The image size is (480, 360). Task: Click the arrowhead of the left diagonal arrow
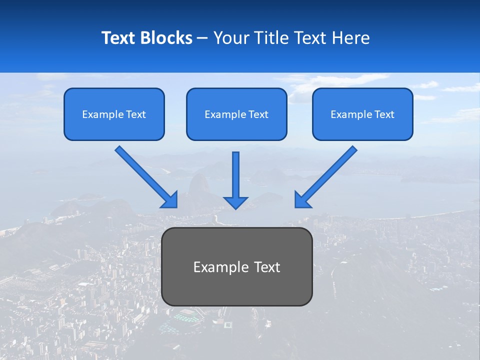tap(170, 200)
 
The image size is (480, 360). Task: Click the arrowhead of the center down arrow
tap(236, 202)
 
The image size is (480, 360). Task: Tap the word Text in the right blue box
tap(384, 114)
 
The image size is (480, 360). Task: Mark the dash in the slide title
tap(202, 38)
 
